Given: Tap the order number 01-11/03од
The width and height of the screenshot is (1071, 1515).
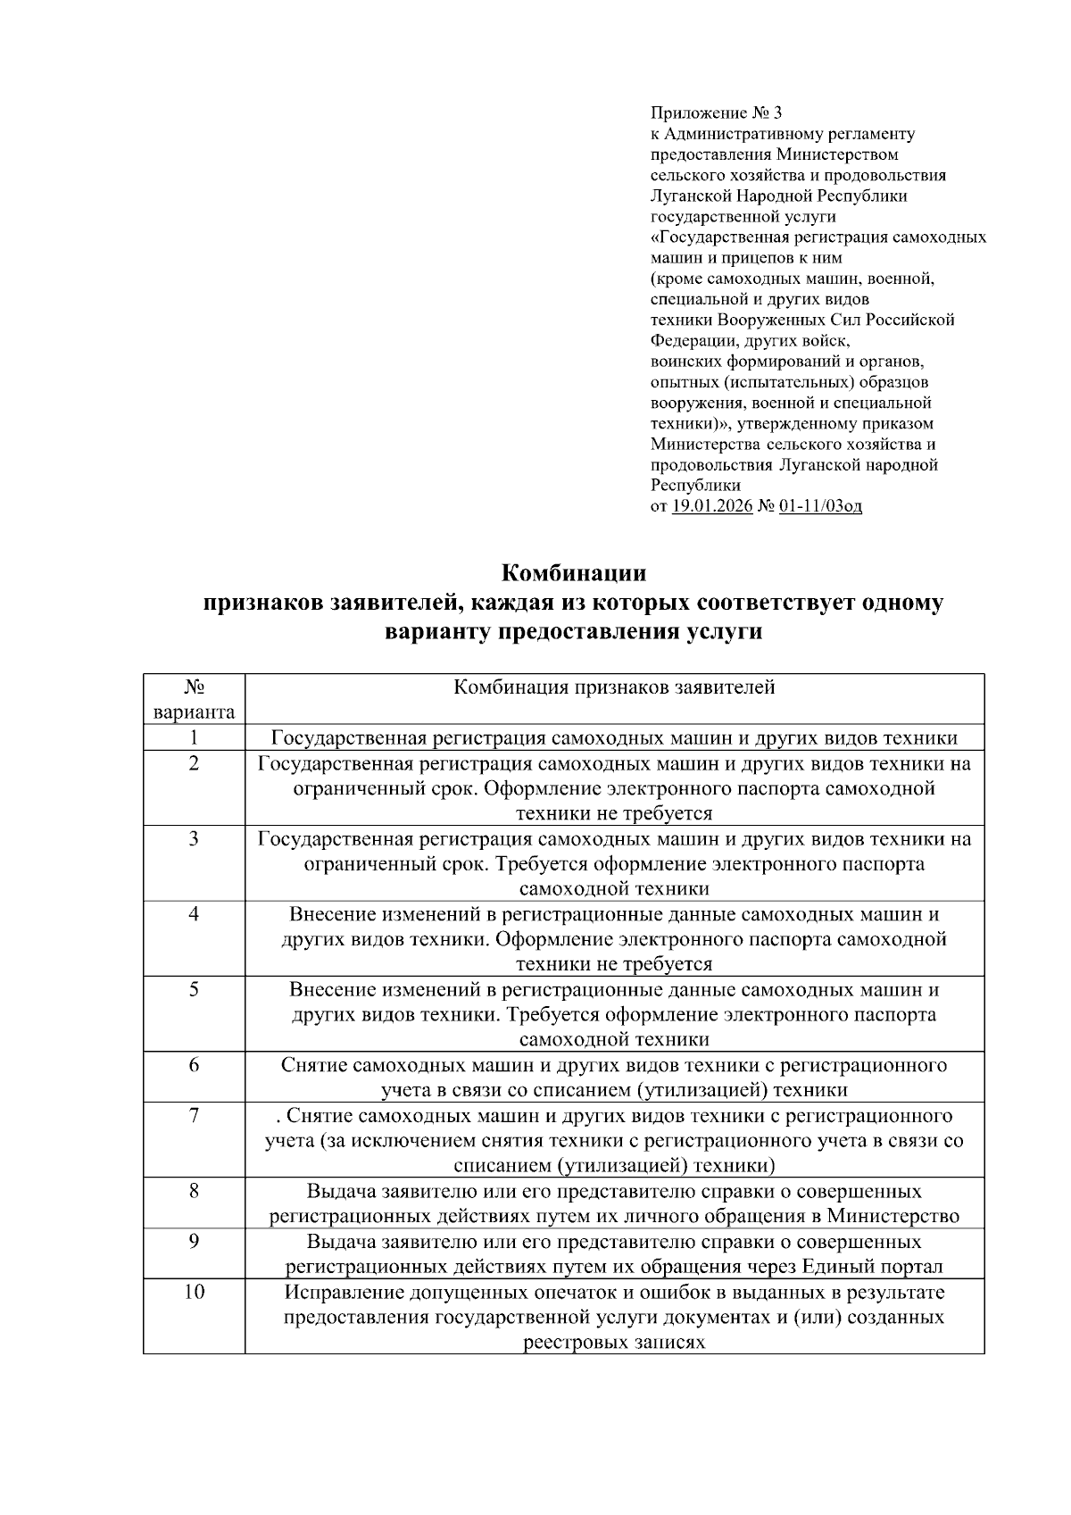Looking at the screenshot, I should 820,507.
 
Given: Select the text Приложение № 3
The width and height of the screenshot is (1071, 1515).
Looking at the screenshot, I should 716,113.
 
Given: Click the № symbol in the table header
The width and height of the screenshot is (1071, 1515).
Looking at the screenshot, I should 194,687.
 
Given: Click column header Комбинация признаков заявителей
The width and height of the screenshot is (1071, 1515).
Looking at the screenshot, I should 614,687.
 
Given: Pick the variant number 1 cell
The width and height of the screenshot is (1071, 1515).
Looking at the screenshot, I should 194,737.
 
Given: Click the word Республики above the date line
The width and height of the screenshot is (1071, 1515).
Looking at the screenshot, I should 695,486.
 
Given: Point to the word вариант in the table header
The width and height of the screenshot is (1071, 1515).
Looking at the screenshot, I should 194,712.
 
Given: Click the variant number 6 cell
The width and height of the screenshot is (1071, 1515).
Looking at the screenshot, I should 194,1065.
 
